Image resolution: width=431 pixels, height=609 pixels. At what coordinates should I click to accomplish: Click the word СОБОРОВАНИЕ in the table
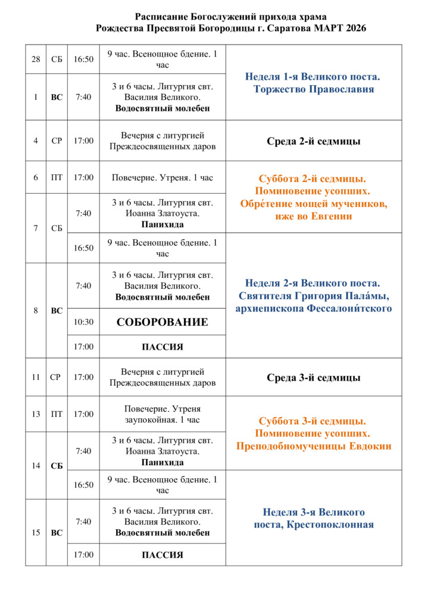(x=162, y=322)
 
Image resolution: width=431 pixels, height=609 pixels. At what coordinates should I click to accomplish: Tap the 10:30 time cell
(x=83, y=322)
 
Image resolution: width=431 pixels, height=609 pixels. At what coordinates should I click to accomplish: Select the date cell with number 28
(x=36, y=59)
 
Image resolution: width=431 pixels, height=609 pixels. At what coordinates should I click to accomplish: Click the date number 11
(x=36, y=377)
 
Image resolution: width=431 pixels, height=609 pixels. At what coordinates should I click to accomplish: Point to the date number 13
(x=36, y=414)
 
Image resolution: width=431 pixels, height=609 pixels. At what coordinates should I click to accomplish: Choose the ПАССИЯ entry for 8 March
(x=162, y=347)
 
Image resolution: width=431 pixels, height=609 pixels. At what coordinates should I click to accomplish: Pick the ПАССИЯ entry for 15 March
(x=162, y=555)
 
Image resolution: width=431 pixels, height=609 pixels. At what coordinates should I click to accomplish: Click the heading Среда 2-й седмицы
(x=313, y=141)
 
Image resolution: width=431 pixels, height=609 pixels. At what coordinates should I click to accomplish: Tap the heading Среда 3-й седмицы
(x=313, y=378)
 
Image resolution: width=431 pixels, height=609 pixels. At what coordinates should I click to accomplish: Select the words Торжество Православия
(x=313, y=89)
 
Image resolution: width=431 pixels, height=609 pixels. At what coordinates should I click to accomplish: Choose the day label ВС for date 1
(x=57, y=97)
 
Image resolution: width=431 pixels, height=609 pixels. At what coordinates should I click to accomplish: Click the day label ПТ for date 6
(x=57, y=177)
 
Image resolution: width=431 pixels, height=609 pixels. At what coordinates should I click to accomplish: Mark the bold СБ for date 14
(x=57, y=466)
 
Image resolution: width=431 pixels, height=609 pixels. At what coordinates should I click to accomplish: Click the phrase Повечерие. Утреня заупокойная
(x=162, y=414)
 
